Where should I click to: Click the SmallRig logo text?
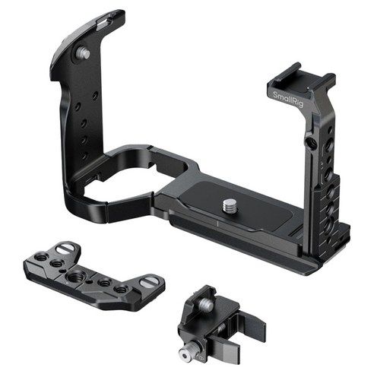click(x=288, y=99)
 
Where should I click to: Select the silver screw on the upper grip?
click(x=84, y=52)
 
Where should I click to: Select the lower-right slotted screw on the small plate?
click(x=150, y=282)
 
